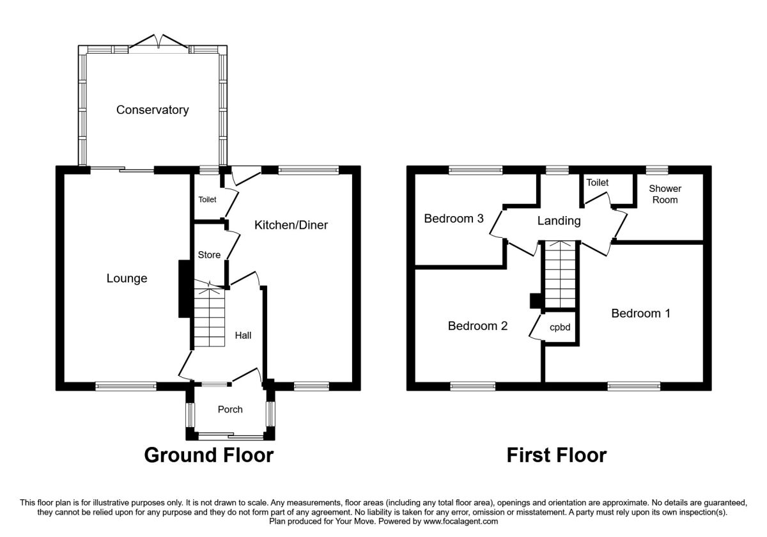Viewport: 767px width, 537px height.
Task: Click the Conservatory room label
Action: [x=152, y=110]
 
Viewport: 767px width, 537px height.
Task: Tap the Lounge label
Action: [x=127, y=279]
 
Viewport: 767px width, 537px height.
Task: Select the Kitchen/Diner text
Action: [x=291, y=225]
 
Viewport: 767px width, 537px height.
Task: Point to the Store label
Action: [x=209, y=255]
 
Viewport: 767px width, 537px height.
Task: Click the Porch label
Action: [x=230, y=409]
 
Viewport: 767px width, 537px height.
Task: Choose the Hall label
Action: [x=243, y=335]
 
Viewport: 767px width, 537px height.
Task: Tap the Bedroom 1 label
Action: [x=641, y=313]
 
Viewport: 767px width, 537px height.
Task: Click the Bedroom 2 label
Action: [x=477, y=326]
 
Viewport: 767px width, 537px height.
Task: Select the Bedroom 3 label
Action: [x=454, y=219]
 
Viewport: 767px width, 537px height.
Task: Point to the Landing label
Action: [x=559, y=221]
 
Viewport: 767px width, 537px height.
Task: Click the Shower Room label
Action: [x=665, y=194]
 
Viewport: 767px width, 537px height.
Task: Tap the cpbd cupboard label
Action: [x=560, y=328]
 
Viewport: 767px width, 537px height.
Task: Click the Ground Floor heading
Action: [x=208, y=455]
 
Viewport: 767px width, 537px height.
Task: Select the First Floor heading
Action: [x=556, y=455]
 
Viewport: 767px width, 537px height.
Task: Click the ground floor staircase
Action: [x=210, y=316]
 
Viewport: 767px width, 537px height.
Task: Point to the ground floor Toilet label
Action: [x=208, y=199]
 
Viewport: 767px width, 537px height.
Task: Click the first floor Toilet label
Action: [x=598, y=183]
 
